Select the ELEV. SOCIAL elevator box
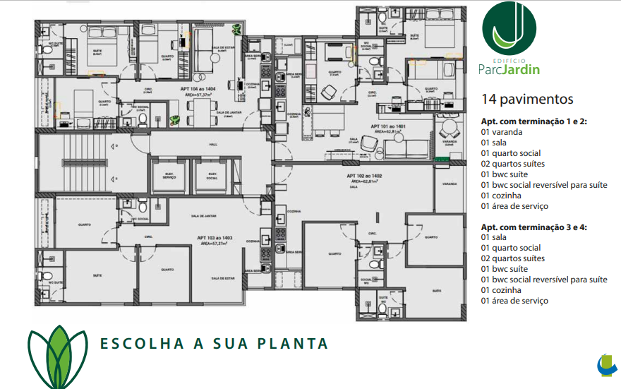211,176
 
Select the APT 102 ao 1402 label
364,176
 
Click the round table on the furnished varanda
449,130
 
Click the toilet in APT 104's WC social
142,119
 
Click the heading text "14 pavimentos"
526,99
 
